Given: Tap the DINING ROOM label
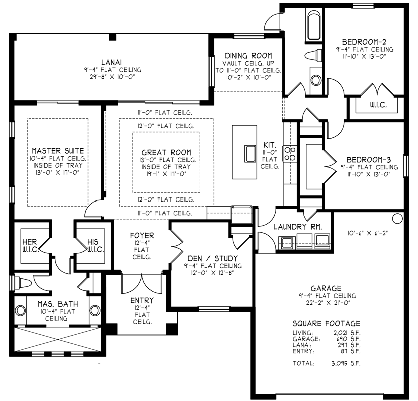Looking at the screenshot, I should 248,55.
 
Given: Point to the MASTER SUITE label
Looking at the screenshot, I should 58,150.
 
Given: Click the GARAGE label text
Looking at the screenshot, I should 326,288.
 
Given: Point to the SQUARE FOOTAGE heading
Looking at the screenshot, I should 326,323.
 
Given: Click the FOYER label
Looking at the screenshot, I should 142,235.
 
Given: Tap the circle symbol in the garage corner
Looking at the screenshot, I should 397,219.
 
